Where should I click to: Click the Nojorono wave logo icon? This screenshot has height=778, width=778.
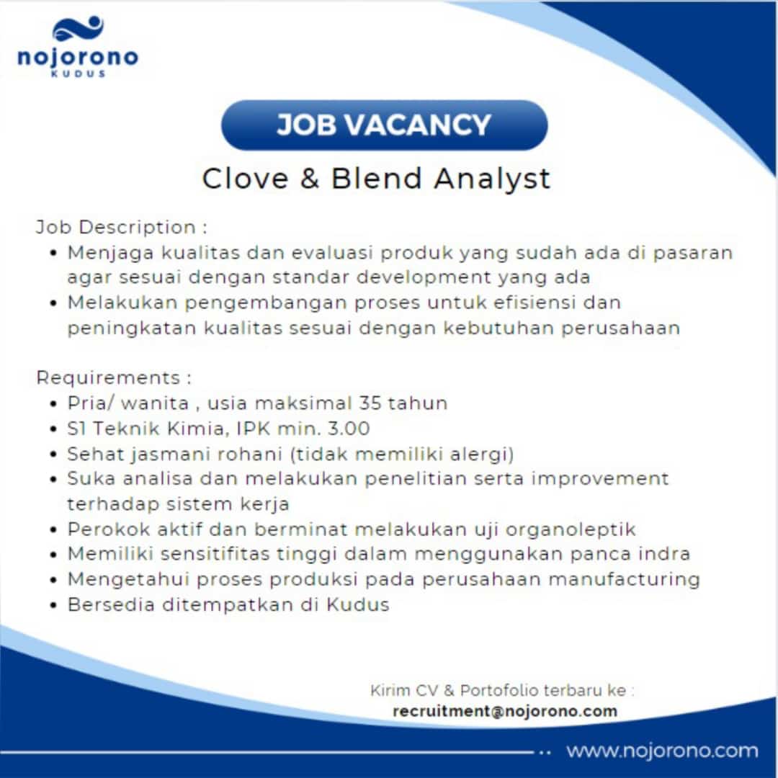(x=78, y=28)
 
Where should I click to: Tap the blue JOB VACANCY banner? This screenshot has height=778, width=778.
(x=385, y=125)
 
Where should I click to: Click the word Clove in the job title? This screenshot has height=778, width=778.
(x=245, y=179)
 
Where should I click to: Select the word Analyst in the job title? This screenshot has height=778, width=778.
(x=492, y=179)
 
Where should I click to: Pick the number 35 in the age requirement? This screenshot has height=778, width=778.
(x=370, y=403)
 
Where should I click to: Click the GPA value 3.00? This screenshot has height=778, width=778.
(x=349, y=428)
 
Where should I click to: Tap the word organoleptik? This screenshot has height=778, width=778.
(x=571, y=530)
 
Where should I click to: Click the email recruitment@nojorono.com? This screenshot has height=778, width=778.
(x=505, y=711)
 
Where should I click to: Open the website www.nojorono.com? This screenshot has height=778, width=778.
(x=663, y=751)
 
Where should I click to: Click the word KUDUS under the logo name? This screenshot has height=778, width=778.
(x=79, y=73)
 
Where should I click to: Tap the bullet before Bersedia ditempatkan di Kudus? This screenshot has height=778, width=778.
(x=54, y=605)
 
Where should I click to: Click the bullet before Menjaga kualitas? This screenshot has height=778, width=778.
(x=54, y=254)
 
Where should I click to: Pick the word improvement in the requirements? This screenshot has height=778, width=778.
(x=600, y=479)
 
